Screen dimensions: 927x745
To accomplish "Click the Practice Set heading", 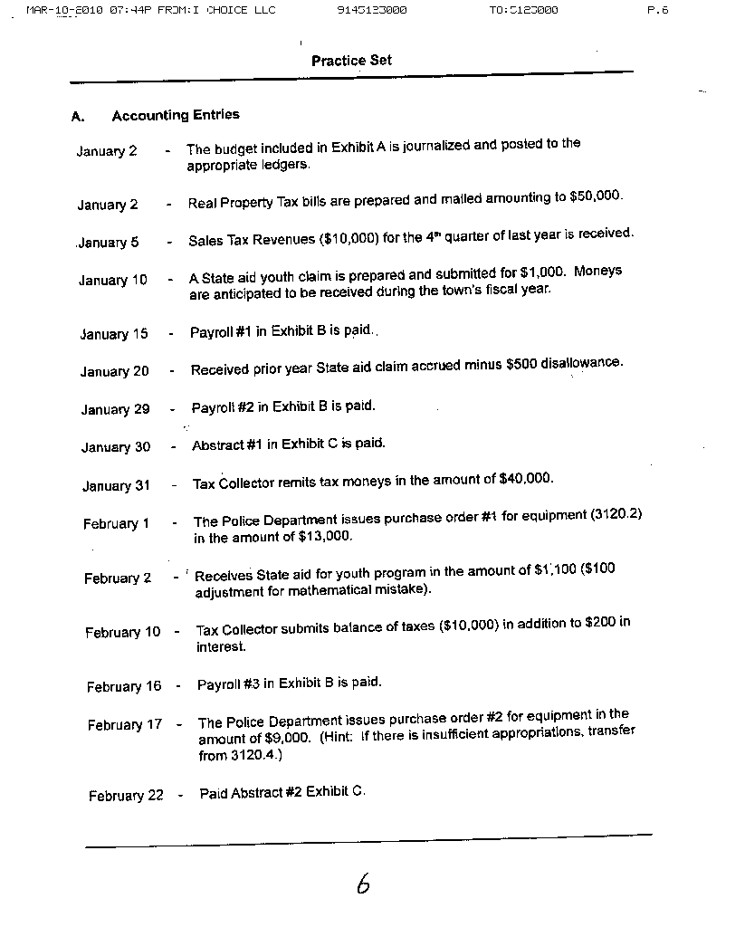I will click(x=351, y=61).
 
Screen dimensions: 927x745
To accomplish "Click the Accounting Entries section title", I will click(x=176, y=115).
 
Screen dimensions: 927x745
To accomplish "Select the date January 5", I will click(x=109, y=243).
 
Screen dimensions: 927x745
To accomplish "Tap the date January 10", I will click(x=112, y=281).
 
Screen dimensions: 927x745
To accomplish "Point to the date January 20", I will click(x=114, y=372).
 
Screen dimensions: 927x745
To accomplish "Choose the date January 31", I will click(x=116, y=486).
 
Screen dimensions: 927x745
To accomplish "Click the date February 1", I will click(x=116, y=524).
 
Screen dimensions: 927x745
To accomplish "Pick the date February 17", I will click(x=125, y=725).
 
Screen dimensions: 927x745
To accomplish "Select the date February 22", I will click(x=126, y=796).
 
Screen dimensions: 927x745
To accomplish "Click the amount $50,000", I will click(x=596, y=196).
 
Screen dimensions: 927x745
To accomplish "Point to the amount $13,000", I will click(x=324, y=536).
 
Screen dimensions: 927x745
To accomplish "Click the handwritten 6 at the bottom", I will click(x=363, y=884).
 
